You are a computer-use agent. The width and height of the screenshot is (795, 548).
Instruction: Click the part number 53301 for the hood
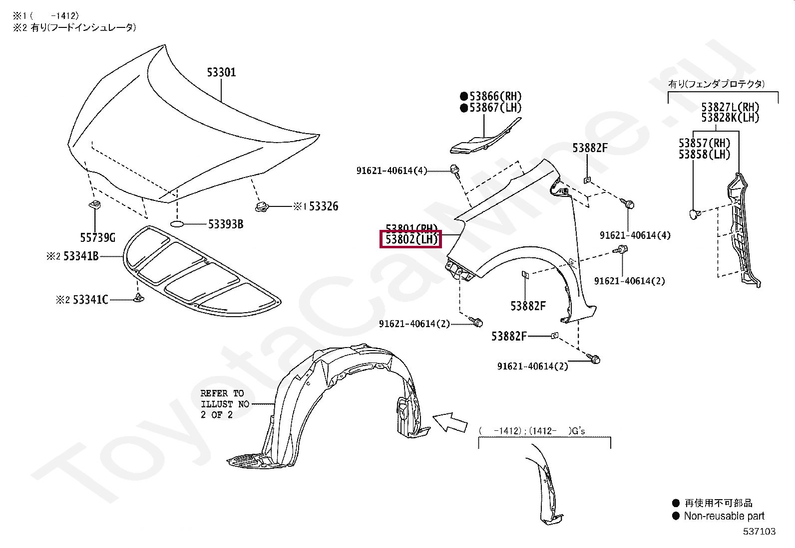click(x=221, y=72)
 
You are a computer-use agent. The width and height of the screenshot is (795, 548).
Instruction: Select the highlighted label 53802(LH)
click(x=411, y=239)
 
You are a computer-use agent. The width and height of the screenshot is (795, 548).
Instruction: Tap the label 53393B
click(x=225, y=224)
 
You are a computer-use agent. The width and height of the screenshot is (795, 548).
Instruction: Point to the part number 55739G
click(x=97, y=238)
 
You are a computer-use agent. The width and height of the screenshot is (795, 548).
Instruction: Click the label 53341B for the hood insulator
click(x=80, y=256)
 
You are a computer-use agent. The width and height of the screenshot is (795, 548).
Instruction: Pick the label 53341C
click(x=90, y=300)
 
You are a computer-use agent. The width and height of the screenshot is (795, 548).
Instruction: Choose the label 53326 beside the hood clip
click(x=323, y=206)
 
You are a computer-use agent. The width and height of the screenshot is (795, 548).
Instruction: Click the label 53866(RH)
click(x=495, y=96)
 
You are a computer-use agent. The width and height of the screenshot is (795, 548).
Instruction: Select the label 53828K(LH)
click(x=730, y=118)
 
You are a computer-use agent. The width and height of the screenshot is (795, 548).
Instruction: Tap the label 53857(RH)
click(x=704, y=143)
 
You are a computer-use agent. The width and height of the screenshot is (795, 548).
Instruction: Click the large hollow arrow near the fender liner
click(x=449, y=422)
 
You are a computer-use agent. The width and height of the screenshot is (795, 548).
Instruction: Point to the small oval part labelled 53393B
click(x=178, y=224)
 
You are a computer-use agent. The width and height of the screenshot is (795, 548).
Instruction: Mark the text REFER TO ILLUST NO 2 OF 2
click(x=224, y=404)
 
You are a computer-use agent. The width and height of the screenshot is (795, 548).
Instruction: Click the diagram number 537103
click(x=759, y=532)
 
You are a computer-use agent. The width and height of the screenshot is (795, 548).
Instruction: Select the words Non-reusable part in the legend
click(x=724, y=516)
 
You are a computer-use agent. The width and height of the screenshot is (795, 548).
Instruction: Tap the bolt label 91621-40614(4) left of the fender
click(x=392, y=171)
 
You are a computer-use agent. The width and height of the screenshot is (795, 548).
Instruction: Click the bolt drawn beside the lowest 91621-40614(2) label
click(x=594, y=359)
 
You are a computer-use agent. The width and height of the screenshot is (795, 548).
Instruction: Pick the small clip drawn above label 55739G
click(x=94, y=204)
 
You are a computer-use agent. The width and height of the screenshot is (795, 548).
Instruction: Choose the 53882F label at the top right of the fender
click(x=590, y=148)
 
